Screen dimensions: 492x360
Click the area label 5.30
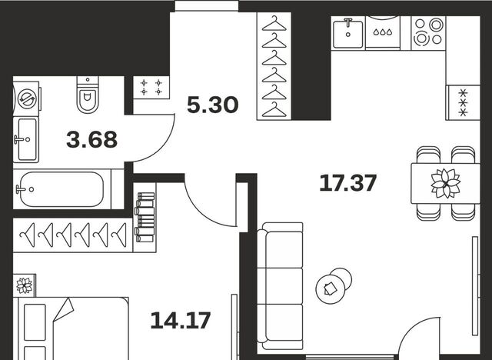pos(212,105)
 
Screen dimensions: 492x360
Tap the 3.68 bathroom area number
pos(92,140)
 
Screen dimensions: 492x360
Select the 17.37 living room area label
pos(347,183)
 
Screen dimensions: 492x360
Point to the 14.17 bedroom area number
pos(181,321)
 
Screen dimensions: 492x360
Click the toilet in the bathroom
pos(88,95)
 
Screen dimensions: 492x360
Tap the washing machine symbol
pos(27,99)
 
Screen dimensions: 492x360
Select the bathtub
pos(62,189)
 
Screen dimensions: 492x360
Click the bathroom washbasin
pos(26,139)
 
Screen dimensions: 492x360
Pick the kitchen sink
pos(347,34)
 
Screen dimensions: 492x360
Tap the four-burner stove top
pos(428,32)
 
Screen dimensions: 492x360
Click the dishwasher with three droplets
pos(383,32)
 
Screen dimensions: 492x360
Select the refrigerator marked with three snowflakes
pos(463,102)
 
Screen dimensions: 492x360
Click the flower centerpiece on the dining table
pos(446,183)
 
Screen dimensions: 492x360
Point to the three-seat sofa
pos(280,286)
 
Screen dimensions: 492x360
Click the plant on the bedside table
pos(25,285)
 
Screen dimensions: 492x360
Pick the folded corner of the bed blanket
pos(64,309)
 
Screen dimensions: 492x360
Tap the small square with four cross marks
pos(151,87)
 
